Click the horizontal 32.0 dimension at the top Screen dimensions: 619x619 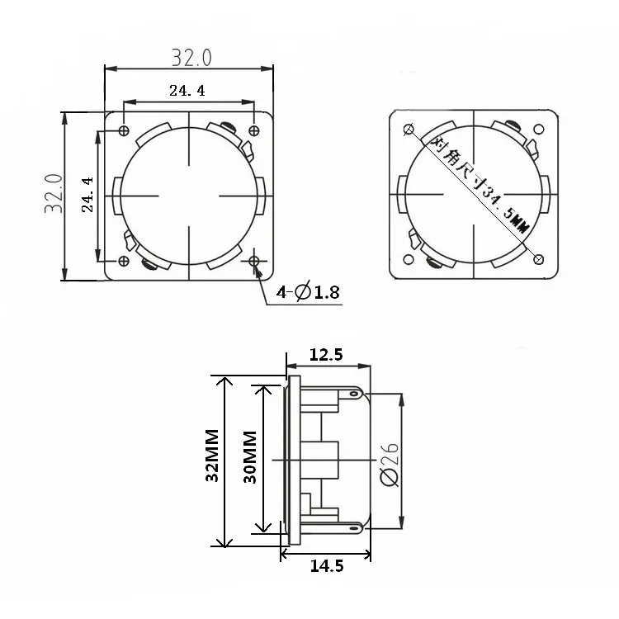pyautogui.click(x=191, y=58)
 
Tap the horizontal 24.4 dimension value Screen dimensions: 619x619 pyautogui.click(x=187, y=91)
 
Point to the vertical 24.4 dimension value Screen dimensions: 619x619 pyautogui.click(x=87, y=195)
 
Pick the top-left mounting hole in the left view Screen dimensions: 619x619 pyautogui.click(x=124, y=130)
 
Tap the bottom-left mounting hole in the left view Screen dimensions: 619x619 pyautogui.click(x=124, y=261)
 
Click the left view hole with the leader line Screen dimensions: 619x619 pyautogui.click(x=254, y=261)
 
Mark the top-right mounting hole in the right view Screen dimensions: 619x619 pyautogui.click(x=539, y=129)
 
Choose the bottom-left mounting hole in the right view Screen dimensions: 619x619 pyautogui.click(x=409, y=259)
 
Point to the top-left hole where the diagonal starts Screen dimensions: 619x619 pyautogui.click(x=409, y=129)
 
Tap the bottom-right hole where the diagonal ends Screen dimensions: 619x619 pyautogui.click(x=539, y=259)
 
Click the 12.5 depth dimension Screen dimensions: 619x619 pyautogui.click(x=326, y=355)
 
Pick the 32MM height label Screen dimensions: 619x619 pyautogui.click(x=213, y=455)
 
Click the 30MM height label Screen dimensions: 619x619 pyautogui.click(x=250, y=456)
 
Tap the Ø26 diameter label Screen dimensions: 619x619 pyautogui.click(x=389, y=463)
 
